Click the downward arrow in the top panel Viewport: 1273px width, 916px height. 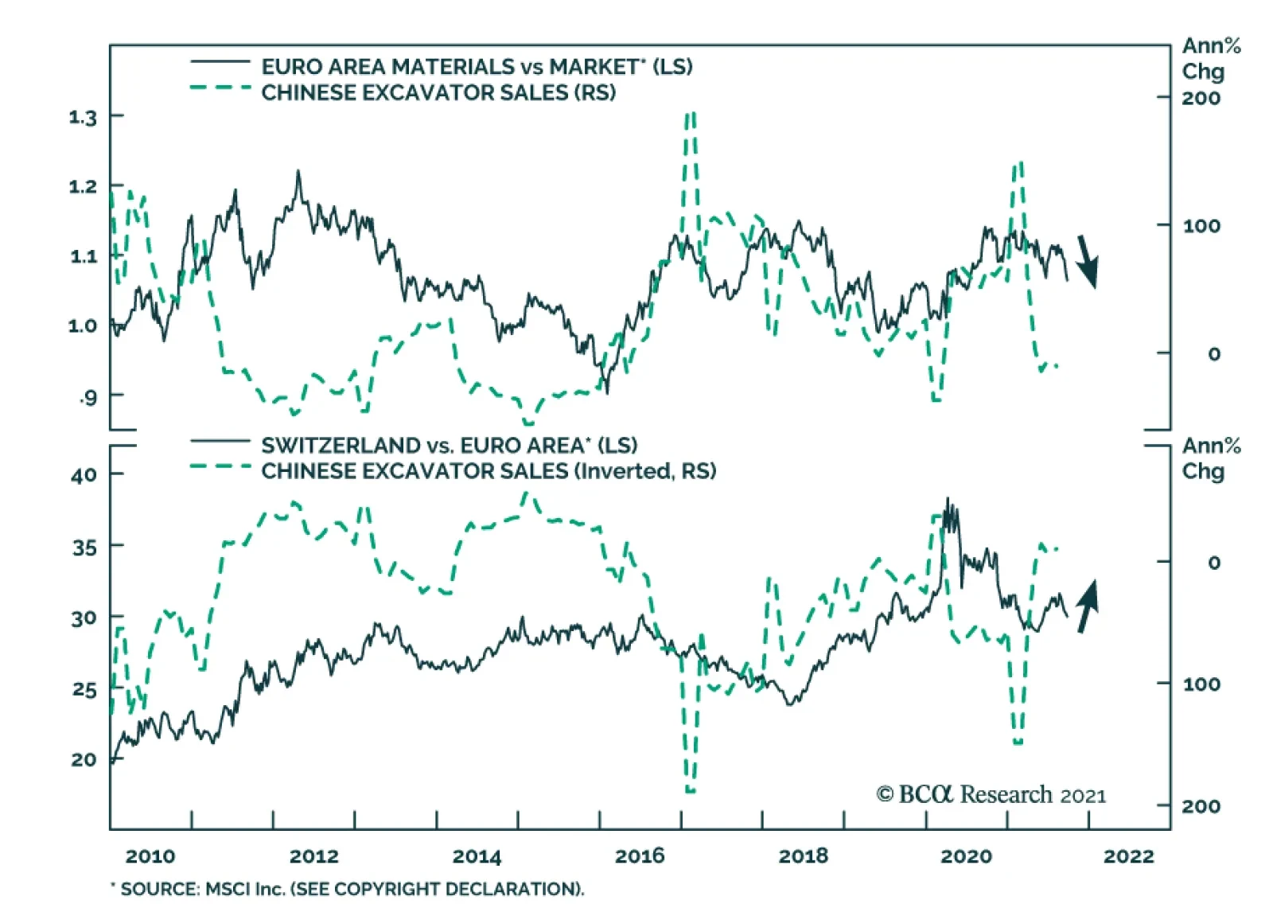pyautogui.click(x=1087, y=261)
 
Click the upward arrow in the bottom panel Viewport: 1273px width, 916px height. pyautogui.click(x=1087, y=606)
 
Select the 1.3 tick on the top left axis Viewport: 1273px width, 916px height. pyautogui.click(x=82, y=118)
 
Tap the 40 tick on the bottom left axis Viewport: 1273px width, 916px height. pyautogui.click(x=84, y=475)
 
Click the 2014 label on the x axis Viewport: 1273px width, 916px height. pyautogui.click(x=477, y=856)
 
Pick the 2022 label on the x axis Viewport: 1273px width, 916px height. pyautogui.click(x=1128, y=856)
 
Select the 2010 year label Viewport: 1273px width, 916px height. pyautogui.click(x=150, y=856)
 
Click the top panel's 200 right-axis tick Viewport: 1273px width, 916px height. pyautogui.click(x=1201, y=99)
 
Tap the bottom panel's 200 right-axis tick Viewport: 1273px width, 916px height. pyautogui.click(x=1201, y=806)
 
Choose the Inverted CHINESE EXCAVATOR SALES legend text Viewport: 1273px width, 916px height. pyautogui.click(x=489, y=471)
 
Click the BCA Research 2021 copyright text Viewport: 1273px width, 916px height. pyautogui.click(x=991, y=794)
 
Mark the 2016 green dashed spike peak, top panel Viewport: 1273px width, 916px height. pyautogui.click(x=690, y=115)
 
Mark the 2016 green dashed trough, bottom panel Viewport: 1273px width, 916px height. pyautogui.click(x=690, y=790)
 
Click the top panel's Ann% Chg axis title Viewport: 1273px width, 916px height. pyautogui.click(x=1209, y=58)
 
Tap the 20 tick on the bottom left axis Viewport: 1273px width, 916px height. pyautogui.click(x=84, y=759)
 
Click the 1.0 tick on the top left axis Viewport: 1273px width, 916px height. pyautogui.click(x=82, y=325)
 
